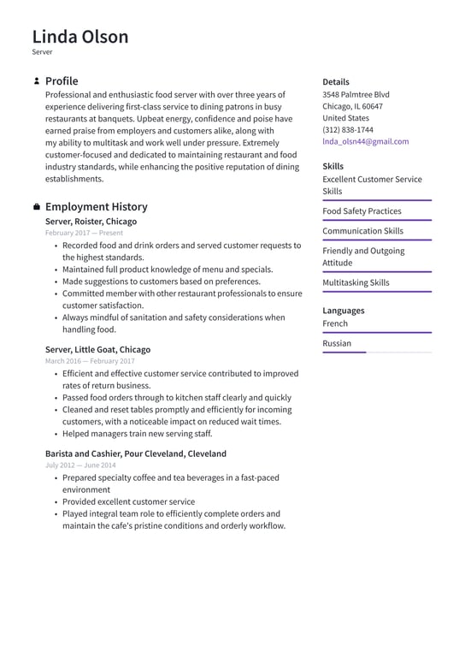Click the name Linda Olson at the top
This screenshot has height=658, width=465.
[80, 37]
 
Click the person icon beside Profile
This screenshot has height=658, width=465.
[36, 81]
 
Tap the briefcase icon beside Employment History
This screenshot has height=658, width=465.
[36, 207]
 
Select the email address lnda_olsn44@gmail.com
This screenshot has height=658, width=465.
[365, 142]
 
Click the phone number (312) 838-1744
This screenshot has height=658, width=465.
[347, 130]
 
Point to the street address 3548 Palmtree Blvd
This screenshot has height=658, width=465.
[356, 94]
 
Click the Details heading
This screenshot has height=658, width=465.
[336, 82]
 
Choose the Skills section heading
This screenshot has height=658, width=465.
[333, 166]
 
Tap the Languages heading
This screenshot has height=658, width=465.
[343, 311]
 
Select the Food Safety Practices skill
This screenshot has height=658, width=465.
[362, 211]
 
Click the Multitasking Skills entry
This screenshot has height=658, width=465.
[356, 282]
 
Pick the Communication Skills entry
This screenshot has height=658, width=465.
[362, 231]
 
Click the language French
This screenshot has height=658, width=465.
[335, 323]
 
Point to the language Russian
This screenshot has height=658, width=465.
[337, 343]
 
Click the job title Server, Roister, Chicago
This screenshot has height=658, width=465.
[91, 222]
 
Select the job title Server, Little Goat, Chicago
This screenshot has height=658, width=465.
[97, 350]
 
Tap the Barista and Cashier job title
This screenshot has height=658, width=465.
[136, 453]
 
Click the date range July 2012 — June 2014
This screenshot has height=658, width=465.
[80, 465]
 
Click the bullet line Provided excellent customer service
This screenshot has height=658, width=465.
[128, 502]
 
